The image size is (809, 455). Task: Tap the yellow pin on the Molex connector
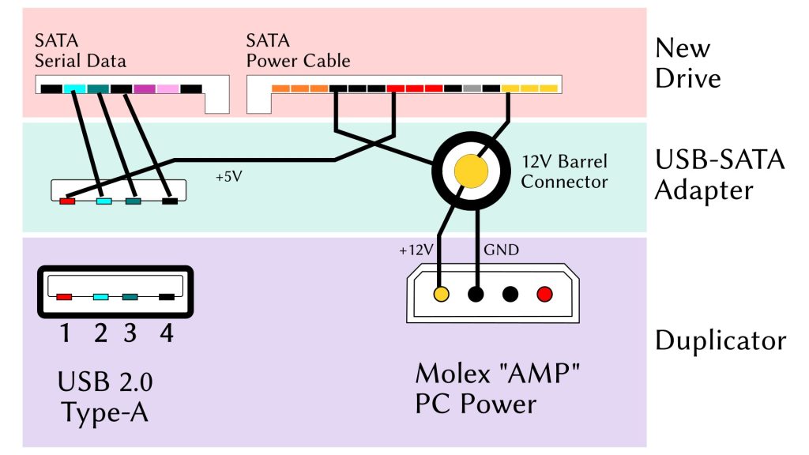click(442, 295)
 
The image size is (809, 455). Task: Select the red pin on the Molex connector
click(544, 295)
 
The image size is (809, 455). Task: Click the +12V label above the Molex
click(416, 250)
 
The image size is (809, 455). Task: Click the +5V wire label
click(228, 177)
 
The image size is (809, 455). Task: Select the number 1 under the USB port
click(65, 333)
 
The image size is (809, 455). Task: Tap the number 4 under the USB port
click(166, 333)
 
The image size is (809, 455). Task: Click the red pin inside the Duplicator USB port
click(65, 297)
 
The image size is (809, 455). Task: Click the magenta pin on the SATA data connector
click(145, 89)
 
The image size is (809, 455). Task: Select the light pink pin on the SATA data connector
click(167, 89)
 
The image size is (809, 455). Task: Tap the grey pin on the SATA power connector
click(472, 89)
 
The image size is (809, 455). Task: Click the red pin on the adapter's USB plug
click(68, 201)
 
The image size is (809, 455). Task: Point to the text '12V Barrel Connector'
click(564, 172)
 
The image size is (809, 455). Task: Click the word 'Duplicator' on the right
click(721, 340)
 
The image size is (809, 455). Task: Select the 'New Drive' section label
click(687, 63)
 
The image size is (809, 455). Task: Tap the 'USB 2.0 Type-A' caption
click(105, 397)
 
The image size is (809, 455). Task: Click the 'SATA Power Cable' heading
click(298, 50)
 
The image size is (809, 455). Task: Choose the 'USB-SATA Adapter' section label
click(720, 175)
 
